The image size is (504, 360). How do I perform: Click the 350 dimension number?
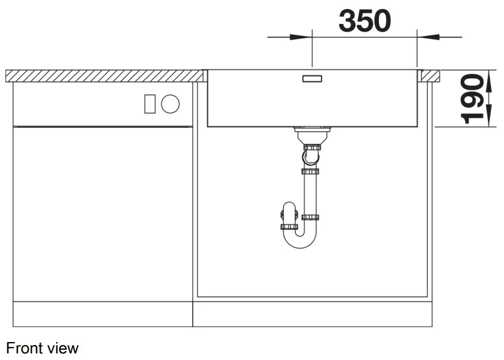[x=365, y=21]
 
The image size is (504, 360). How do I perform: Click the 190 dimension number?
[x=472, y=99]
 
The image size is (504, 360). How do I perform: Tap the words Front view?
[x=42, y=348]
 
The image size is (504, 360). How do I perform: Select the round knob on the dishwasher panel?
[x=171, y=104]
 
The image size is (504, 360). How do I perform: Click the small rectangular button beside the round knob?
[x=150, y=104]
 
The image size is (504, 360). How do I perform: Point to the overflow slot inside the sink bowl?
[x=312, y=79]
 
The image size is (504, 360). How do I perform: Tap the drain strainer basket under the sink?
[x=312, y=135]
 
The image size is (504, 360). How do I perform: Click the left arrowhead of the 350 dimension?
[x=301, y=37]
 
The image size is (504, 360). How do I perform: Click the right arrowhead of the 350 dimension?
[x=428, y=37]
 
